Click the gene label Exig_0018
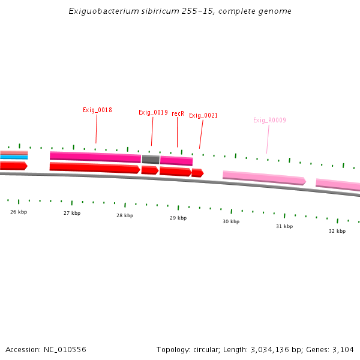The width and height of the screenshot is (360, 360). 97,110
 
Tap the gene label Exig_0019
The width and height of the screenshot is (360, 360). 153,113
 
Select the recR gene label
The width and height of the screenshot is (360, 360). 178,113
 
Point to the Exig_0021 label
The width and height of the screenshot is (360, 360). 203,116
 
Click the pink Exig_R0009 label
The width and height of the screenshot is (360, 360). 269,121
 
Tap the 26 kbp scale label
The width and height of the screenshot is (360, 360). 19,212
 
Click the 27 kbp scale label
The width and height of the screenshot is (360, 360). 72,213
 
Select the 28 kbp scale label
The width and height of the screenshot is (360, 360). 125,215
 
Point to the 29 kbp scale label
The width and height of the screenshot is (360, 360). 178,218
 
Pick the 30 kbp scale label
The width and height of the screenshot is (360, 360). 231,222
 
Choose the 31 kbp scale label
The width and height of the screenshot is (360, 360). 284,226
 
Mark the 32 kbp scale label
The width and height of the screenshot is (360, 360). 337,231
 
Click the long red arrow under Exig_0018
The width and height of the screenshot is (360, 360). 95,167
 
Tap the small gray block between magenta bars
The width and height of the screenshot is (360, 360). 151,160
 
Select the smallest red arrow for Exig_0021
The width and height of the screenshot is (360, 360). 197,173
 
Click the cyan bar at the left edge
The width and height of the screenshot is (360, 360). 14,157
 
